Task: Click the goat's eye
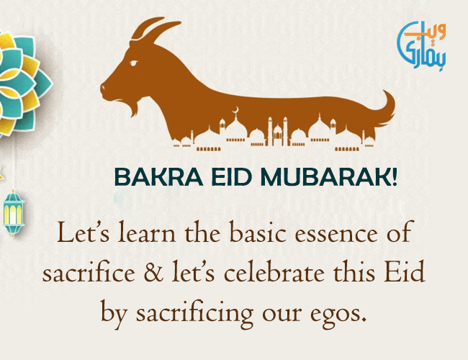click(134, 63)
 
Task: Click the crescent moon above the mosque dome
click(236, 109)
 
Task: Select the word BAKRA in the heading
click(159, 177)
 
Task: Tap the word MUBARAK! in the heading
click(329, 177)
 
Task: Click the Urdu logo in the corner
click(421, 45)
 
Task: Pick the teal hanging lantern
click(13, 213)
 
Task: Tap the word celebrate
click(274, 272)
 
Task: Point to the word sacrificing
click(194, 312)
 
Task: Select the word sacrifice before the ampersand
click(89, 272)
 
